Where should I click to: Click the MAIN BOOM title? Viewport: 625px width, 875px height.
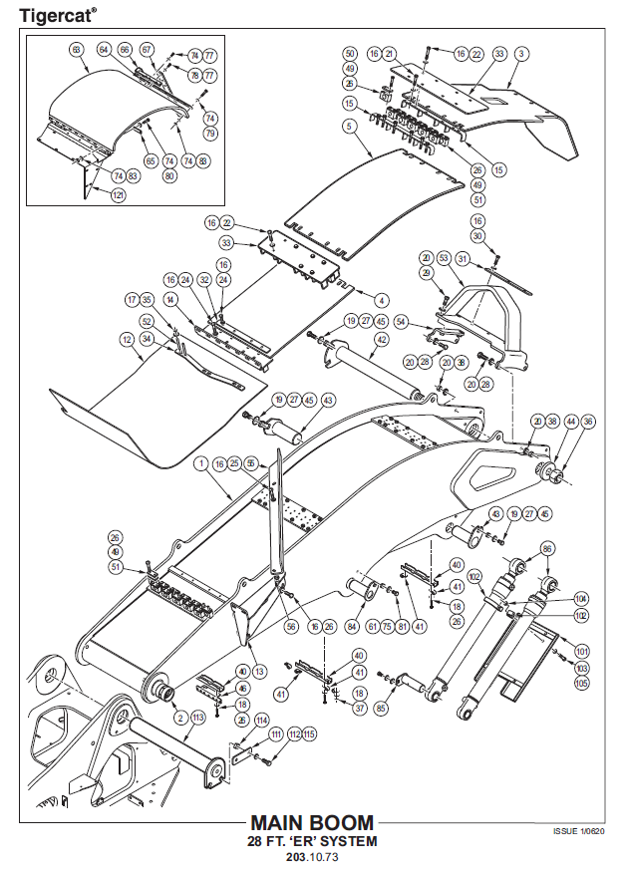pyautogui.click(x=312, y=823)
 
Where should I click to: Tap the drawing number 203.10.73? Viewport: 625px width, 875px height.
pyautogui.click(x=312, y=857)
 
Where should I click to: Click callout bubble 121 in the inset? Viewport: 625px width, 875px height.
pyautogui.click(x=118, y=195)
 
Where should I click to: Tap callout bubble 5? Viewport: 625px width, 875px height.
pyautogui.click(x=349, y=127)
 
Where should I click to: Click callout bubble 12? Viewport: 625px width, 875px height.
pyautogui.click(x=128, y=340)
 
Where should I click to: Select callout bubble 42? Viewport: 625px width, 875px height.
pyautogui.click(x=382, y=340)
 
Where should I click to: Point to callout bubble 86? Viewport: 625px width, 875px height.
pyautogui.click(x=546, y=549)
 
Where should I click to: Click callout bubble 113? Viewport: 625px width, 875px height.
pyautogui.click(x=197, y=717)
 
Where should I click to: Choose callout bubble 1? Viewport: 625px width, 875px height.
pyautogui.click(x=201, y=463)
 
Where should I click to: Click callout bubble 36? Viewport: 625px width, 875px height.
pyautogui.click(x=588, y=422)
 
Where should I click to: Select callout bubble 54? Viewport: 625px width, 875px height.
pyautogui.click(x=401, y=322)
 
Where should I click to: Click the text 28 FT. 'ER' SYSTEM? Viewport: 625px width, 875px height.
pyautogui.click(x=312, y=841)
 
